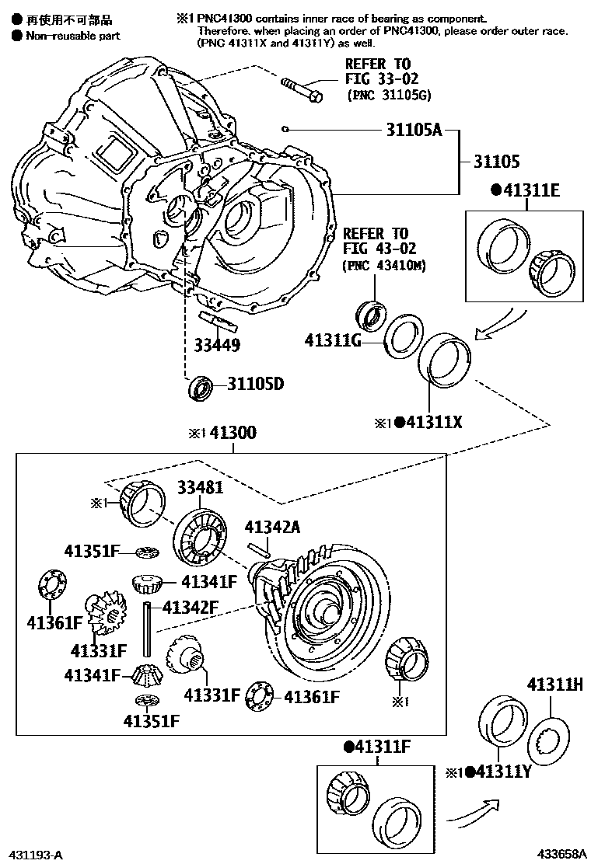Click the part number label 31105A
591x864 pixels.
414,130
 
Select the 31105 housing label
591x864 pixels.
497,162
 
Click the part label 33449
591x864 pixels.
218,345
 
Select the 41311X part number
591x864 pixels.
432,423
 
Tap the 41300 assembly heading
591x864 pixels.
234,434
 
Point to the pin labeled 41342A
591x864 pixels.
262,549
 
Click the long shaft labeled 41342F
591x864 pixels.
145,629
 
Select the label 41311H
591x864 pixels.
554,685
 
